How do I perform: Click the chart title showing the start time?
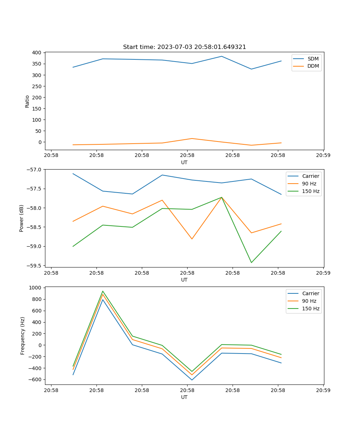tap(184, 47)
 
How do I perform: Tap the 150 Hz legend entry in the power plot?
tap(311, 191)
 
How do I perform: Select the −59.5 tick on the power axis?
tap(35, 266)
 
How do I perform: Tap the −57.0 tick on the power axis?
tap(35, 170)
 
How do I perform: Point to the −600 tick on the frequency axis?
tap(35, 379)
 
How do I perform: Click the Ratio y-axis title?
tap(27, 101)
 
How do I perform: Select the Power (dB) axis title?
tap(22, 218)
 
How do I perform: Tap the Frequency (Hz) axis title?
tap(22, 336)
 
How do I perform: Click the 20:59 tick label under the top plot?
tap(323, 156)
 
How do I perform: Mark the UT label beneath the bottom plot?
tap(184, 397)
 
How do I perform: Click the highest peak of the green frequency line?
tap(103, 291)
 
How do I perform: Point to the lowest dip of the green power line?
tap(251, 262)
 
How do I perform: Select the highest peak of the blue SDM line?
tap(221, 56)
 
